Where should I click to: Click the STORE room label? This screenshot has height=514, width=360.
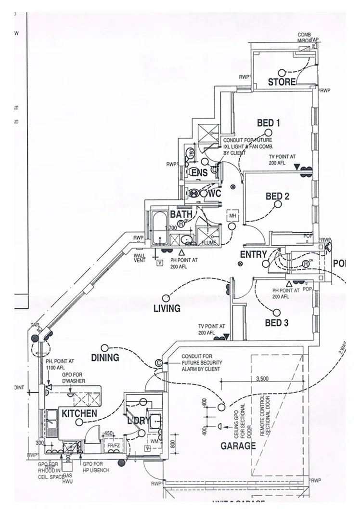(282, 82)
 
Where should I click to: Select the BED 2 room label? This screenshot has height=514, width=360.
(277, 197)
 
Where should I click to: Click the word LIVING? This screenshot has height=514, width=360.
(167, 308)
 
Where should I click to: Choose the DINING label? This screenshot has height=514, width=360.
(105, 357)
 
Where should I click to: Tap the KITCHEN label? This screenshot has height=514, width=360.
(78, 413)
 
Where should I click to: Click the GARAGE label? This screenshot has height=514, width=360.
(238, 446)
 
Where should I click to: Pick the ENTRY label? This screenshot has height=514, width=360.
(250, 254)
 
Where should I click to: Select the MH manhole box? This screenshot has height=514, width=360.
(232, 215)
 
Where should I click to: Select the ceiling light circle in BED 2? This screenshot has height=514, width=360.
(278, 204)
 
